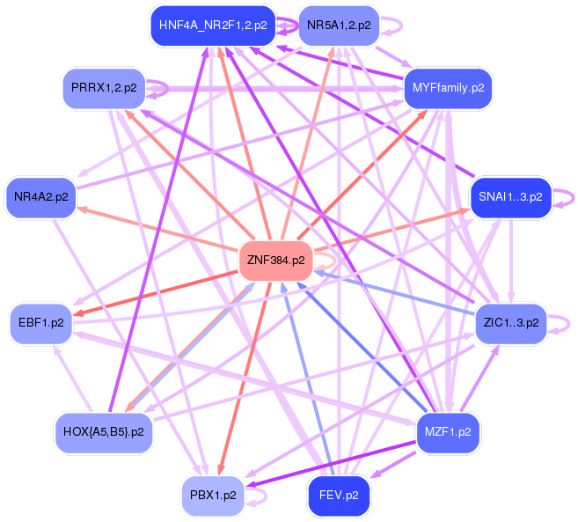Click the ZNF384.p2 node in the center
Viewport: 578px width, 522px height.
[x=275, y=261]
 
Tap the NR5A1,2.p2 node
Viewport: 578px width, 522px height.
[x=339, y=26]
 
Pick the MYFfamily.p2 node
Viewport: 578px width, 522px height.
[x=447, y=89]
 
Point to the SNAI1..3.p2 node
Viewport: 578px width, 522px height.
[x=510, y=196]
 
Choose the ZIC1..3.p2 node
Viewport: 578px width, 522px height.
[x=510, y=321]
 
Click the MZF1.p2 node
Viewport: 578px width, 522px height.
[x=447, y=432]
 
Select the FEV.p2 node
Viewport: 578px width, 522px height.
[x=339, y=496]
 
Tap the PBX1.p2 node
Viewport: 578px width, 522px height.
[x=212, y=496]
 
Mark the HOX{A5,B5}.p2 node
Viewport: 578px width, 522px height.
[x=104, y=432]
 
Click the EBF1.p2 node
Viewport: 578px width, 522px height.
[x=40, y=321]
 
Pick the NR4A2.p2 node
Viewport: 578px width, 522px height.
[x=40, y=196]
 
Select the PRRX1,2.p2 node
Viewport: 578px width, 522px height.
[x=104, y=88]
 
